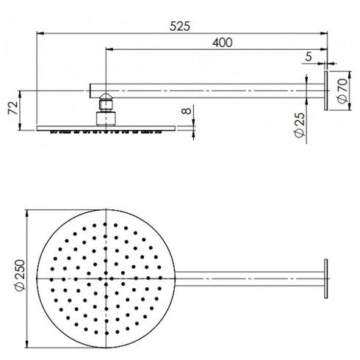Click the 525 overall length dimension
[x=179, y=25]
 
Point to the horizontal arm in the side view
[x=206, y=90]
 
